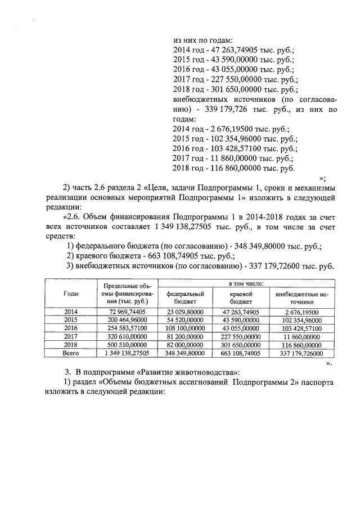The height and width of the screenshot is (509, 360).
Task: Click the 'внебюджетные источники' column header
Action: [301, 298]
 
